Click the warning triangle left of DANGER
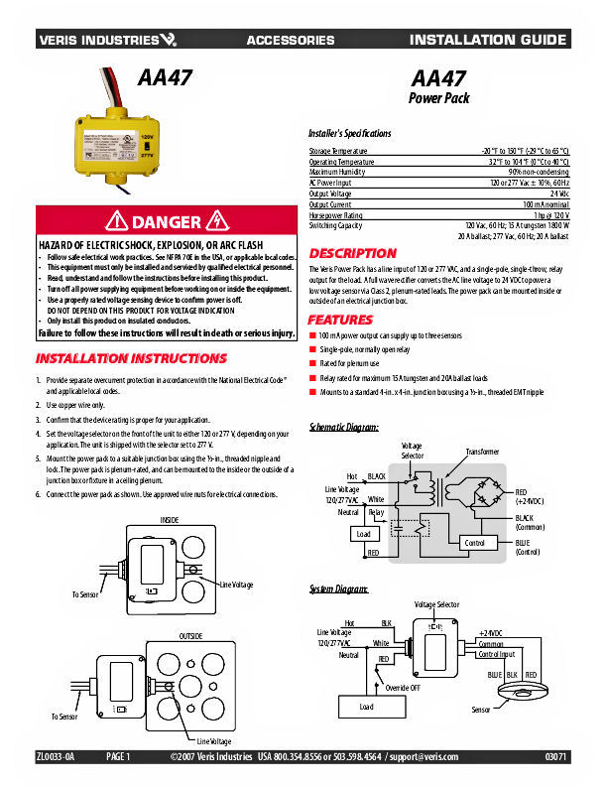pyautogui.click(x=119, y=220)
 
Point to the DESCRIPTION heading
pyautogui.click(x=352, y=253)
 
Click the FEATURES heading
pyautogui.click(x=340, y=320)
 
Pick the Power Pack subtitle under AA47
pyautogui.click(x=438, y=98)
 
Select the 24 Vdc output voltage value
pyautogui.click(x=558, y=194)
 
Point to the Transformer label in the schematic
pyautogui.click(x=483, y=452)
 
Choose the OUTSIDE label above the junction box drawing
pyautogui.click(x=190, y=634)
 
